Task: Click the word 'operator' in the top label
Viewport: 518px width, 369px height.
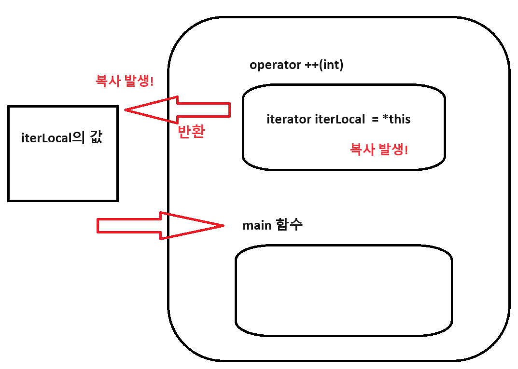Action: click(275, 65)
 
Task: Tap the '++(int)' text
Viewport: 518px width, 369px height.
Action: click(324, 65)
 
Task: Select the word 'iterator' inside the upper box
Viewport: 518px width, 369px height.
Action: click(289, 119)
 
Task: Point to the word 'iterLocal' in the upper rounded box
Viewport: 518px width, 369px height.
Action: click(339, 119)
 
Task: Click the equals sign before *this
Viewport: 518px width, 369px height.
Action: click(375, 119)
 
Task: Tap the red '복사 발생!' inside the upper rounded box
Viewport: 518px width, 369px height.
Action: click(379, 150)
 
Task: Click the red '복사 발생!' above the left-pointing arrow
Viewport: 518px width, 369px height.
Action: click(125, 81)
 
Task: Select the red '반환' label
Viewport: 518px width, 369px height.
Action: click(191, 132)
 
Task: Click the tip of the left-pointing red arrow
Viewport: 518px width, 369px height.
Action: click(126, 110)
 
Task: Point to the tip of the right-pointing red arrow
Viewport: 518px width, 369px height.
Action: click(223, 225)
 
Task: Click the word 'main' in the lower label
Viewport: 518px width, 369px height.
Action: click(257, 225)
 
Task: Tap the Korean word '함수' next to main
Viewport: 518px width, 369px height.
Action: click(289, 225)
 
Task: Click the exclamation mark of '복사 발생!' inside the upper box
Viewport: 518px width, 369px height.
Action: click(406, 150)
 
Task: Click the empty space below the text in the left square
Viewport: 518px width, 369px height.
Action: click(63, 174)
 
